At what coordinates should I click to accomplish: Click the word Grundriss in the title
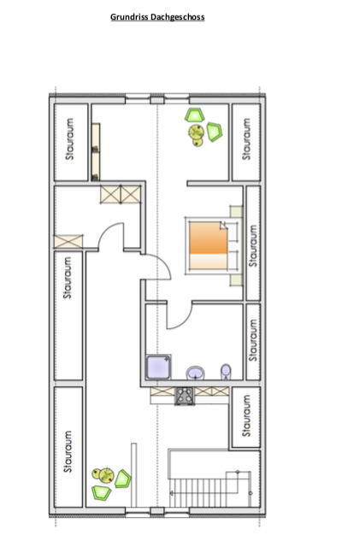click(127, 17)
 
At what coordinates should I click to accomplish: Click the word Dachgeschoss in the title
click(175, 17)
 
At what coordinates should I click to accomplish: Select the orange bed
click(209, 245)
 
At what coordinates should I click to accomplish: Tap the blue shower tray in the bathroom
click(158, 367)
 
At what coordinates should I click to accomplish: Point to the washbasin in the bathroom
click(195, 373)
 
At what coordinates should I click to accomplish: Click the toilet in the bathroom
click(226, 372)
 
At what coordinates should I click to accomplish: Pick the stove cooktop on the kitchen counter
click(185, 396)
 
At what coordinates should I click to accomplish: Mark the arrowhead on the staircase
click(172, 493)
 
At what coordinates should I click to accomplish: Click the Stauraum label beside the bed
click(253, 245)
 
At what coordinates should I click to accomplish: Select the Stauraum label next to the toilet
click(253, 340)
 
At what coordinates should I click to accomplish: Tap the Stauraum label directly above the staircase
click(246, 415)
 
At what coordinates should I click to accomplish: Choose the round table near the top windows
click(196, 132)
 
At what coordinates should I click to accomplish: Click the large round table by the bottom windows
click(107, 475)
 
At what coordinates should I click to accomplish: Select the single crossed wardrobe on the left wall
click(68, 241)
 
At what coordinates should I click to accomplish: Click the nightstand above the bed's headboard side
click(236, 211)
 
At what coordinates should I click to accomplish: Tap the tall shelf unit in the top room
click(95, 152)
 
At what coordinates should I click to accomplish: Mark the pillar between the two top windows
click(157, 101)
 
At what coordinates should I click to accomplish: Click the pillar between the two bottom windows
click(157, 511)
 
